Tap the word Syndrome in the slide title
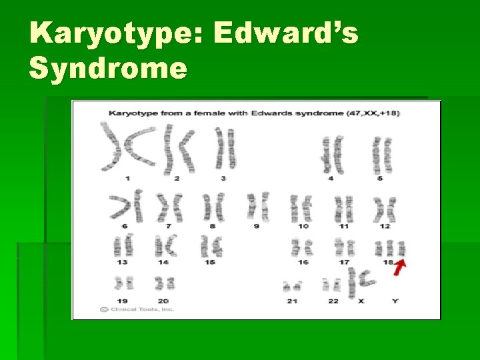tap(109, 67)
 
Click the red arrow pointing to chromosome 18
tap(400, 267)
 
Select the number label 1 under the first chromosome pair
tap(127, 178)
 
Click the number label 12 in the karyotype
tap(385, 227)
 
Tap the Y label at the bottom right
tap(395, 301)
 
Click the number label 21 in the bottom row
tap(291, 301)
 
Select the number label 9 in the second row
tap(256, 227)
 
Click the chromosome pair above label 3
tap(225, 149)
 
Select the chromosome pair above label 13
tap(123, 247)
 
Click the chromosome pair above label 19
tap(123, 283)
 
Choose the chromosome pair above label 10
tap(301, 209)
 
